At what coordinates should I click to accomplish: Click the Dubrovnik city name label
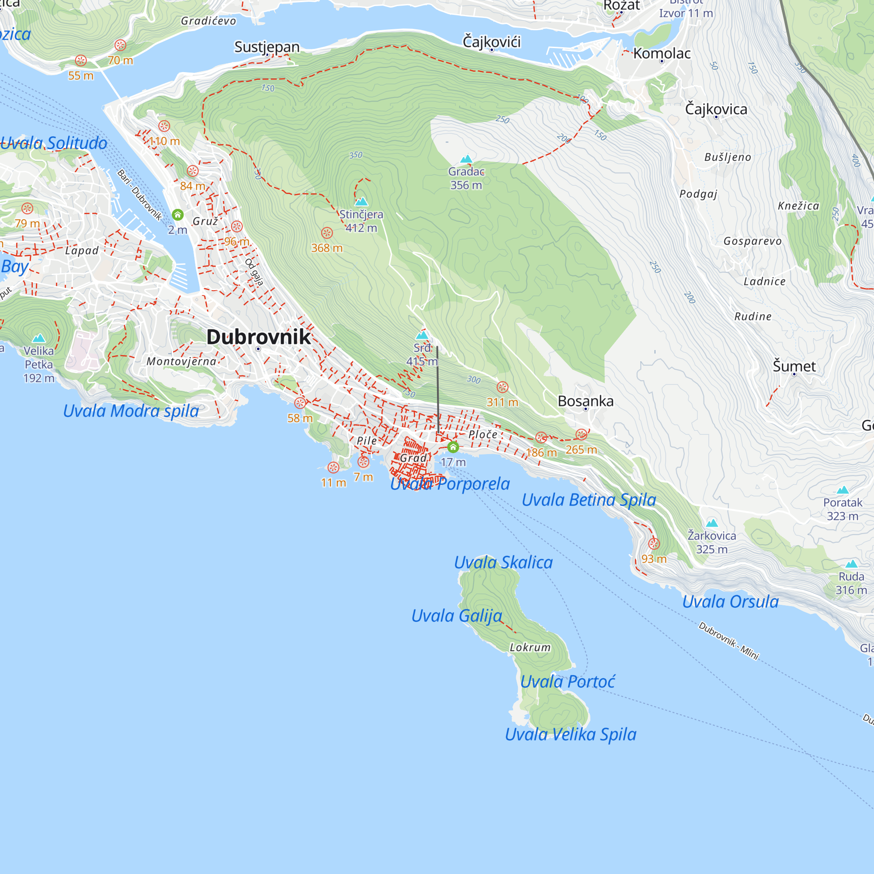click(258, 337)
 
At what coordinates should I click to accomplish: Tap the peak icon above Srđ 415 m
click(422, 335)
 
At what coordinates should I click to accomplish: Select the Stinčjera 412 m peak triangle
click(361, 202)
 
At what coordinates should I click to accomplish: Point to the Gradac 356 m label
click(466, 178)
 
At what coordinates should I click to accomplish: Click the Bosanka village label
click(586, 401)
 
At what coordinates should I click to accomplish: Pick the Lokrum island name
click(530, 647)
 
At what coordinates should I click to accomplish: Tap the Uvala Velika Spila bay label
click(570, 734)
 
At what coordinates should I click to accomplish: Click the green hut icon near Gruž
click(178, 215)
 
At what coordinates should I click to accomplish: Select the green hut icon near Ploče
click(453, 447)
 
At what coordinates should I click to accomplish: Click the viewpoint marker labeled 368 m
click(327, 233)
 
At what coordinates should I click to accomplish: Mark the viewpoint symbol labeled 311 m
click(503, 387)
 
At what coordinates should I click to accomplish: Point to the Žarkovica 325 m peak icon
click(712, 524)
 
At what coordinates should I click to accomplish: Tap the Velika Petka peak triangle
click(39, 338)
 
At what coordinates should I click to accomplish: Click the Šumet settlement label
click(794, 366)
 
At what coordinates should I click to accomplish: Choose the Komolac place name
click(661, 53)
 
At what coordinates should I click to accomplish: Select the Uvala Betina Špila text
click(589, 500)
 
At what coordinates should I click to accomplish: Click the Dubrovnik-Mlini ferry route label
click(728, 641)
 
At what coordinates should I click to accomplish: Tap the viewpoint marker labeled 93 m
click(654, 544)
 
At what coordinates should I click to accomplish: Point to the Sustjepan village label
click(267, 47)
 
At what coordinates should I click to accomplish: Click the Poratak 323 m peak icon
click(843, 490)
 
